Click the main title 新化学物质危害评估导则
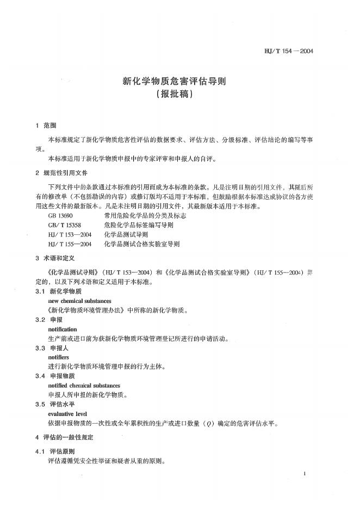pos(173,82)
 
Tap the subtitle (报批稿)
pos(173,94)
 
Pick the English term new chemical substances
pos(79,301)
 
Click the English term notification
pos(63,330)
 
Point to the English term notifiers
pos(59,358)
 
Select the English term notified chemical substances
pos(84,386)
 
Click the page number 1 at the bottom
pos(306,474)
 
